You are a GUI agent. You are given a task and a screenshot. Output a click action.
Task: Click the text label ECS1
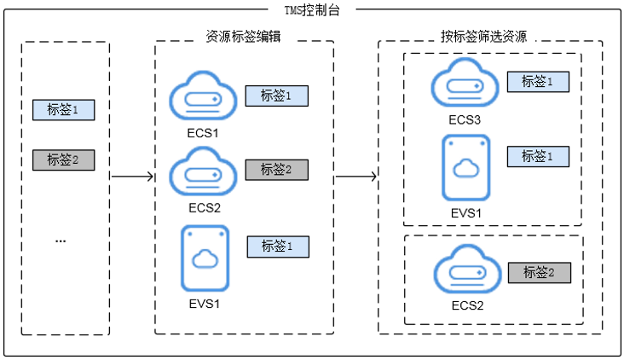[x=204, y=133]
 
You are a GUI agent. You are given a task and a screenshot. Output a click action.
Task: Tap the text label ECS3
[x=465, y=119]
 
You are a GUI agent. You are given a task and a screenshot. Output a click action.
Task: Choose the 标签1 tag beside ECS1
[x=277, y=96]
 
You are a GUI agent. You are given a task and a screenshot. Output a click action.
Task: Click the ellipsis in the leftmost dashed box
[x=61, y=241]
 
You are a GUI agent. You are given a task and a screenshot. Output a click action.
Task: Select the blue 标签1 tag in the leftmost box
[x=63, y=110]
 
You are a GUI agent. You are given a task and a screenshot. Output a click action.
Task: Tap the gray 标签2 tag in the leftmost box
[x=63, y=160]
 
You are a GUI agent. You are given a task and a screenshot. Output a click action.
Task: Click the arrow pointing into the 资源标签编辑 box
[x=132, y=177]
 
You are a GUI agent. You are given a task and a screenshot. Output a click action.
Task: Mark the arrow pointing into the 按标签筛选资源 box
[x=355, y=177]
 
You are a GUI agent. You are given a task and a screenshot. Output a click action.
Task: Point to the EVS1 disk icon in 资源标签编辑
[x=205, y=258]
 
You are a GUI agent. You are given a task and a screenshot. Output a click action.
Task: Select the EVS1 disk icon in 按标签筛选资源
[x=465, y=167]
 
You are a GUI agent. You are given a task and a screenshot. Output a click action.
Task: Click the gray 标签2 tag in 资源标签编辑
[x=277, y=170]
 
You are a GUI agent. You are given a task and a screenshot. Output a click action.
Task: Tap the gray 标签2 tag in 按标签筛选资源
[x=539, y=273]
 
